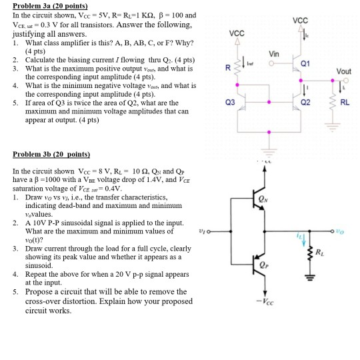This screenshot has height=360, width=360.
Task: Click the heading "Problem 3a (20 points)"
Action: coord(45,6)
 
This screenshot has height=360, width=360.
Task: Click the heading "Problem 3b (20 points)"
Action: coord(45,154)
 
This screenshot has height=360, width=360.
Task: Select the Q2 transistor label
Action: coord(306,104)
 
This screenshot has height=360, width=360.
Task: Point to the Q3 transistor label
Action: coord(231,104)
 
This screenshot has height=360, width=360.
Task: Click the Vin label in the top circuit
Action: coord(274,53)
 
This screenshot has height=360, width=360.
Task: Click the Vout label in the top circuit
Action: coord(344,71)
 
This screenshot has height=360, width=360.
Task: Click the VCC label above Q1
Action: coord(301,19)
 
